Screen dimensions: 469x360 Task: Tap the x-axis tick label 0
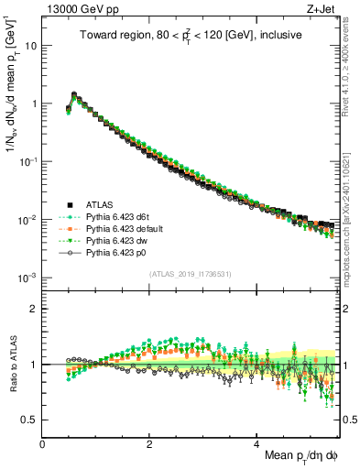[x=42, y=442]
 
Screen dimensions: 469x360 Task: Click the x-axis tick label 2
[x=149, y=442]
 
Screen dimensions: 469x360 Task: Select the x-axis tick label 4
[x=256, y=442]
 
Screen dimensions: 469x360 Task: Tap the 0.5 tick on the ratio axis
[x=29, y=420]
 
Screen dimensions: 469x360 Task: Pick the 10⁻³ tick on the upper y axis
[x=27, y=278]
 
